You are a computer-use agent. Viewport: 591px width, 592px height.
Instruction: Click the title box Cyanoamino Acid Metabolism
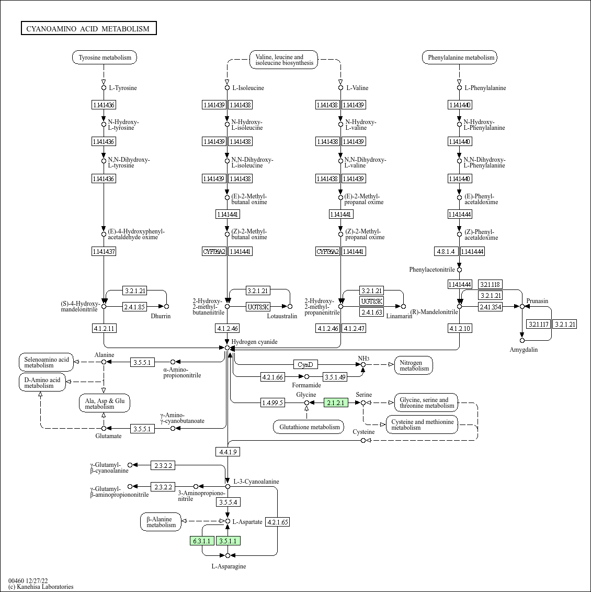pos(88,28)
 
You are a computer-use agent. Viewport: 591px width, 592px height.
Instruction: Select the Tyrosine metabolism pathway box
pos(105,58)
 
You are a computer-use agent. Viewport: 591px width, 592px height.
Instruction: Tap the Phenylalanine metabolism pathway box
pos(460,58)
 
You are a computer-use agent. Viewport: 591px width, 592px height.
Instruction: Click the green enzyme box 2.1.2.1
pos(336,403)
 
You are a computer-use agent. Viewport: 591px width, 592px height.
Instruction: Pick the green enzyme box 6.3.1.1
pos(202,541)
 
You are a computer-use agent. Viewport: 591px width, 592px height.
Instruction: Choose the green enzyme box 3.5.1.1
pos(228,541)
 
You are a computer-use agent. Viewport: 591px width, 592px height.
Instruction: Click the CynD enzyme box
pos(305,364)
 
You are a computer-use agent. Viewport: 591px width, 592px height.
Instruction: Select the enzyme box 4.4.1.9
pos(228,452)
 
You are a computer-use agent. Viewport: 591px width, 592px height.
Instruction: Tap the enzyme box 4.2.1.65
pos(277,522)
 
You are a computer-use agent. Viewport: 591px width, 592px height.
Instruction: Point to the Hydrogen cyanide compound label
pos(254,342)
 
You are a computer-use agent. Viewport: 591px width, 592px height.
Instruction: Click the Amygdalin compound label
pos(524,350)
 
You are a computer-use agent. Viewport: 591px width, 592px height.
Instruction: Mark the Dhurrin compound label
pos(161,316)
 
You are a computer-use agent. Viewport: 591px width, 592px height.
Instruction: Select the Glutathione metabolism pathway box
pos(309,427)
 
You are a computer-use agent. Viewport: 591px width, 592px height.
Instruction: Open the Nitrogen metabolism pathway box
pos(414,365)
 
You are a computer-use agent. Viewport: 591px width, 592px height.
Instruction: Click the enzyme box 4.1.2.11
pos(104,328)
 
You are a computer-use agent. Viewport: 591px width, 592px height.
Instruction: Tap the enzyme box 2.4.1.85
pos(134,307)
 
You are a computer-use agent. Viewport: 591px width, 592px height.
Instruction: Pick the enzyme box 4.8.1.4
pos(446,251)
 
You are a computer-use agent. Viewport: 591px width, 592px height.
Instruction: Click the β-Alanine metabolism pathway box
pos(161,522)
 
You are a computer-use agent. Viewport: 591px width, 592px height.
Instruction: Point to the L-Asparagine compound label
pos(229,566)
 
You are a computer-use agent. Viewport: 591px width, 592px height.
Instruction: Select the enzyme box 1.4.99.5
pos(272,403)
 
